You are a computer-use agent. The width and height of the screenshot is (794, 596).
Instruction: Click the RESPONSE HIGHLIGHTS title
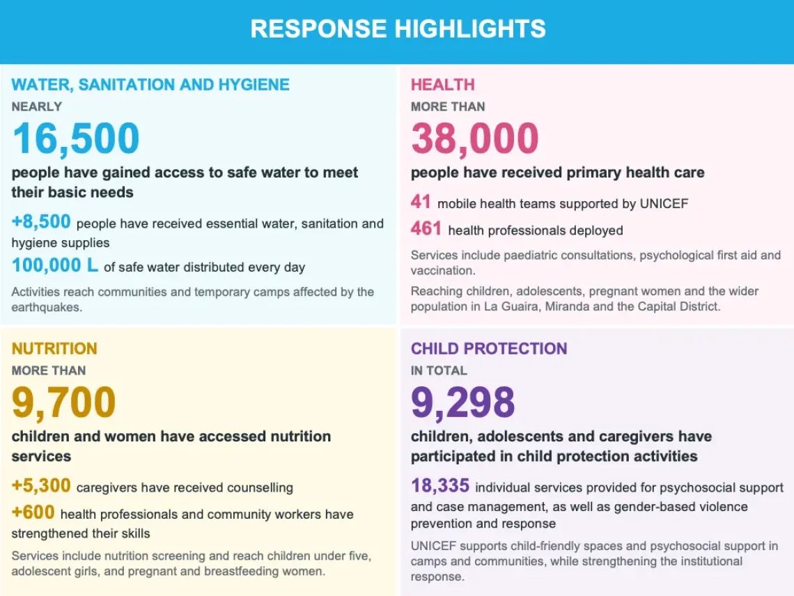398,29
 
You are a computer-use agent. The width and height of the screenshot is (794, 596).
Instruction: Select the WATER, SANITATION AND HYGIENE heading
150,84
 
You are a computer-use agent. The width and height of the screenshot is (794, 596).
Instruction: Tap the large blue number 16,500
76,139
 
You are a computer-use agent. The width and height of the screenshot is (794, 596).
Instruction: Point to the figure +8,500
41,222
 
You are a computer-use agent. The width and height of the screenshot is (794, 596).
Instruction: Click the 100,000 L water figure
55,265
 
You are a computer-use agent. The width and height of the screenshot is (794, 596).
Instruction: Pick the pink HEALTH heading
442,84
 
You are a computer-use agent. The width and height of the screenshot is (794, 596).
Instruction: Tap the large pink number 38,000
474,139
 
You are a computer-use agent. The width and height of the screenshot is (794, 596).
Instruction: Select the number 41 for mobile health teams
421,201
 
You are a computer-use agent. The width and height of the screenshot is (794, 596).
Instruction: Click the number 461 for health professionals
426,228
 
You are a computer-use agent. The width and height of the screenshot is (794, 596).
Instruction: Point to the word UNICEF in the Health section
664,203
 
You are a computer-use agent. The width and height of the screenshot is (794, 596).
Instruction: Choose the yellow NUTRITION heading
54,348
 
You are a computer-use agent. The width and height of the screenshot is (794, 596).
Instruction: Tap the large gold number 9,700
64,402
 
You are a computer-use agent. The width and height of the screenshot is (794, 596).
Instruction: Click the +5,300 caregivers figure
41,485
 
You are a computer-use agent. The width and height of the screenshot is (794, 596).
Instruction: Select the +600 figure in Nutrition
33,512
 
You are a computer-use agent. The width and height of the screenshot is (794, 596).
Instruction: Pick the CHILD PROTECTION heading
489,348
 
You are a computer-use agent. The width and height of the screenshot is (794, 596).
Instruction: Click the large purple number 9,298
463,402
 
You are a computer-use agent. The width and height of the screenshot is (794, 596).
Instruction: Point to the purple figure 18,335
440,485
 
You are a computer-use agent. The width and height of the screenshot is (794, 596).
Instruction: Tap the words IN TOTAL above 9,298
439,370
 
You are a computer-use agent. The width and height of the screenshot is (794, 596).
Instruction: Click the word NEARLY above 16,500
36,107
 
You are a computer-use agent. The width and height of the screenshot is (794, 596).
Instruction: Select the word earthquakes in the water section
47,307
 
